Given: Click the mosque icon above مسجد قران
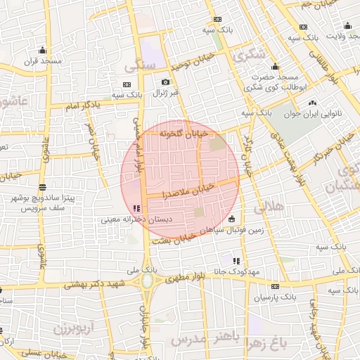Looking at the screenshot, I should tap(43, 50).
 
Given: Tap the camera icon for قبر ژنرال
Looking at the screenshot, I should tap(165, 82).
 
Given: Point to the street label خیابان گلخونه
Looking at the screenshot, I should tap(184, 132).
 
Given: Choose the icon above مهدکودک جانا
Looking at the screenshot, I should tap(245, 260).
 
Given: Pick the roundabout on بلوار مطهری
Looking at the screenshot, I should tap(148, 281).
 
